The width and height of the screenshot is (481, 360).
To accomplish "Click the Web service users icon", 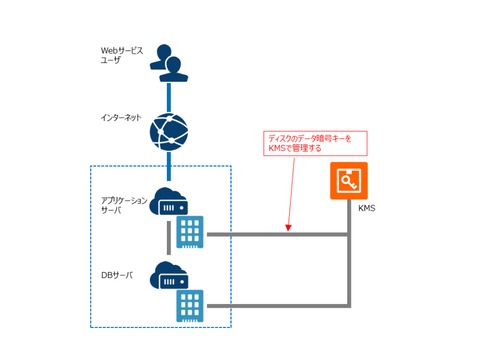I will click(169, 63).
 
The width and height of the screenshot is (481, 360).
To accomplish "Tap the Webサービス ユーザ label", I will click(122, 55).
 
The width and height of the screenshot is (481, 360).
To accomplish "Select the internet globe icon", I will click(169, 132).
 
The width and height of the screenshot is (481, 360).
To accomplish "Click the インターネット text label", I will click(121, 117).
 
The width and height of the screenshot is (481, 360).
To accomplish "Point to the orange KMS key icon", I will click(349, 181).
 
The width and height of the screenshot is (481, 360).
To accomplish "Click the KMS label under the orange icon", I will click(367, 209).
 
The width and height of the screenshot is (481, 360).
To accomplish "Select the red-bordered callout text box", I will click(315, 143).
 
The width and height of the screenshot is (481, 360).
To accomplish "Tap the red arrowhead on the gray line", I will click(289, 229).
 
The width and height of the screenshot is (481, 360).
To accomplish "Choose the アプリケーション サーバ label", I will click(124, 205).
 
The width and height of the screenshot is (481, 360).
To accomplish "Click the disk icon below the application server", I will click(190, 232).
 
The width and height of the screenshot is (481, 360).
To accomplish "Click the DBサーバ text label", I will click(117, 275).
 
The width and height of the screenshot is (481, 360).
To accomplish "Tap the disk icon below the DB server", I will click(190, 306).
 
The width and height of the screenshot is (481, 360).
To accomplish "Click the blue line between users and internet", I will click(169, 97).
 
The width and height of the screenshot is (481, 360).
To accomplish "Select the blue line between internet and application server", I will click(169, 166).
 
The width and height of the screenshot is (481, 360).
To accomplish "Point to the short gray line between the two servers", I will click(169, 238).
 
